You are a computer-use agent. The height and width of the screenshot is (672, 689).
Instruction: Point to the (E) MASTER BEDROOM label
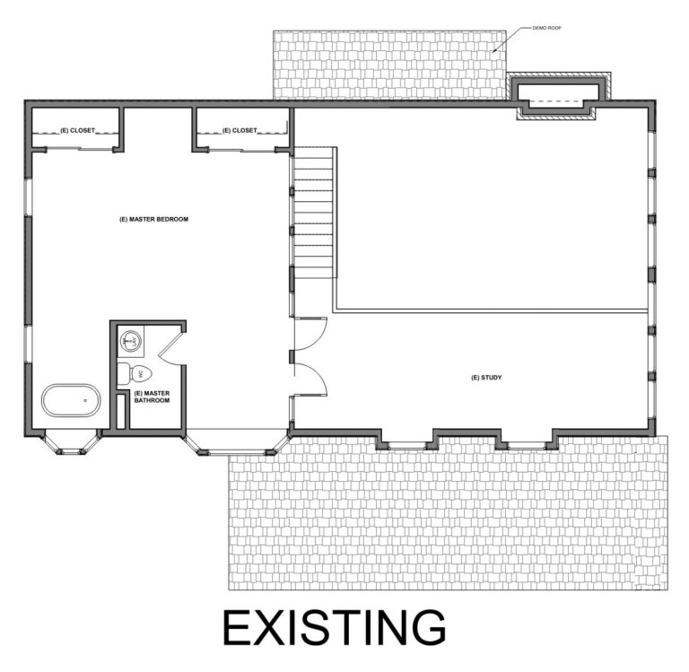pos(153,219)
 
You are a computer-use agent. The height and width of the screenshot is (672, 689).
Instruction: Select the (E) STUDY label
pos(485,378)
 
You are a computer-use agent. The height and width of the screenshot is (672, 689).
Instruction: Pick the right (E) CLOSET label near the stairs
pos(239,131)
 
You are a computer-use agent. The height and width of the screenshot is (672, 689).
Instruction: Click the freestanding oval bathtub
pos(71,401)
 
